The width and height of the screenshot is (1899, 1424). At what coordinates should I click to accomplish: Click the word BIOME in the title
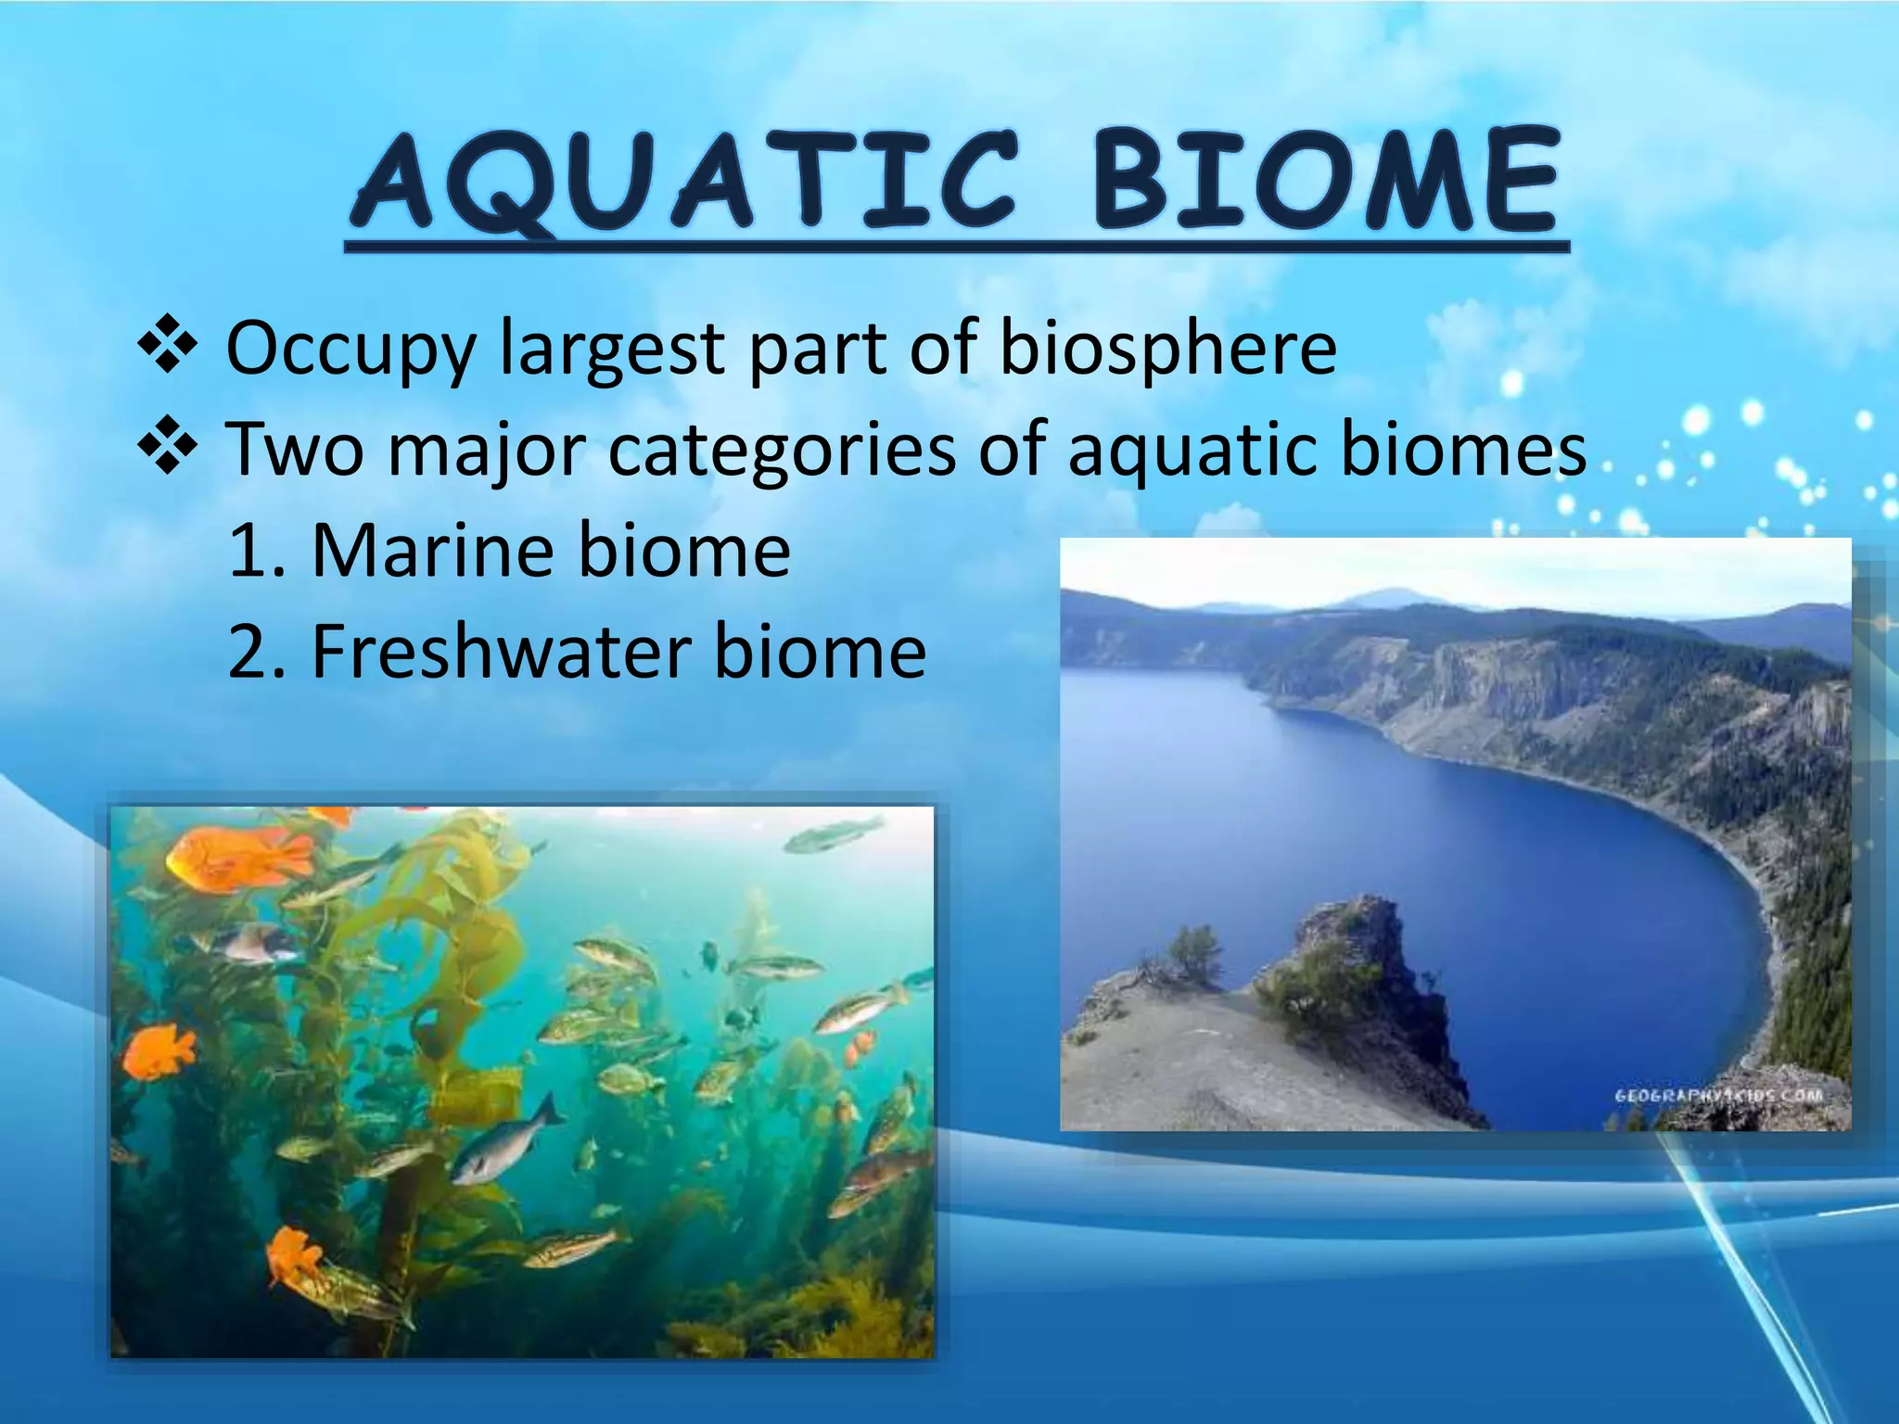1326,181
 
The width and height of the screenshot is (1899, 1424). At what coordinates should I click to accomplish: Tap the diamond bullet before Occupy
168,345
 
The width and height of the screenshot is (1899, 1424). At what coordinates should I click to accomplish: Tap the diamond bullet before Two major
168,446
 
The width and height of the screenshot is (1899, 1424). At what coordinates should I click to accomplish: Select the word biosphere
1167,348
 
